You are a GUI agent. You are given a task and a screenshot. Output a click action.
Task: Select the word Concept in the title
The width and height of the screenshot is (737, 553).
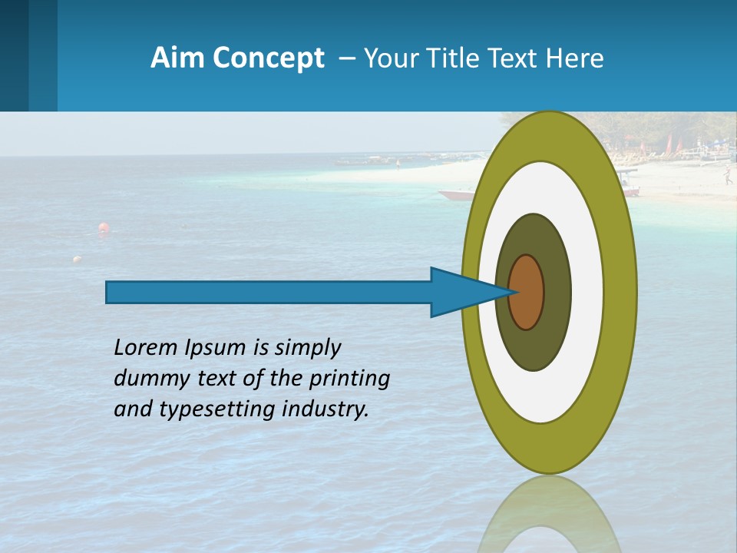point(268,58)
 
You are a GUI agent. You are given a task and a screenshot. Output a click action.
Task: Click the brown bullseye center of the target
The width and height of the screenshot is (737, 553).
point(527,292)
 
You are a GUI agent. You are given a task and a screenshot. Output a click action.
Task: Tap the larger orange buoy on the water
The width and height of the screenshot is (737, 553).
point(103,227)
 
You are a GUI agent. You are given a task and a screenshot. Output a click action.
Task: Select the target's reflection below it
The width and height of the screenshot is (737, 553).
point(549,515)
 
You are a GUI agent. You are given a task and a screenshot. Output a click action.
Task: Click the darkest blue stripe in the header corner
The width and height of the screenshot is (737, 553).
point(14,55)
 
